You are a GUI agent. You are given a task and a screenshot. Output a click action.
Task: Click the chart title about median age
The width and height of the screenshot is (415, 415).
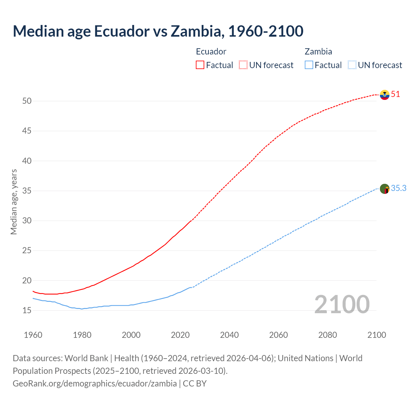(x=158, y=31)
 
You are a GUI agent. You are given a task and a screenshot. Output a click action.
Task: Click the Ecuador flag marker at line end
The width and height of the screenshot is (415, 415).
(x=385, y=95)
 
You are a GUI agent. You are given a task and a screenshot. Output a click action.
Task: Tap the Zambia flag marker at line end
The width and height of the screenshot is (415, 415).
(x=385, y=189)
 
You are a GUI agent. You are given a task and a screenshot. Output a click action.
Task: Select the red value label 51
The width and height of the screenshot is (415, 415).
(x=396, y=94)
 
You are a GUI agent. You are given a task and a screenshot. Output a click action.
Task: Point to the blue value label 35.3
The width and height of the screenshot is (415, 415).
(x=399, y=188)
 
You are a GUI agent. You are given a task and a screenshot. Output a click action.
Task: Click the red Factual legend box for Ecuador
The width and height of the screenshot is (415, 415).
(x=200, y=65)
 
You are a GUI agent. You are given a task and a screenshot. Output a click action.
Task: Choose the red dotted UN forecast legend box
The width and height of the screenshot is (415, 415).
(x=243, y=65)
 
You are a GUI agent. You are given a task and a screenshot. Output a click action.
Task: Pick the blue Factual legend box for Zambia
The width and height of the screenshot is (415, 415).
(x=309, y=65)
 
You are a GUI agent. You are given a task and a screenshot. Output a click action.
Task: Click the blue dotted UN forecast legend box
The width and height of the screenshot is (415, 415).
(x=352, y=65)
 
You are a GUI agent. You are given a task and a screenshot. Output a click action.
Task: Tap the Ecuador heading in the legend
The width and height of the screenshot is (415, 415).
(x=211, y=52)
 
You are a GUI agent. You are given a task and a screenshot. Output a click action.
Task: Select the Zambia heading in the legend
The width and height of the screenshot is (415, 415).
(x=318, y=52)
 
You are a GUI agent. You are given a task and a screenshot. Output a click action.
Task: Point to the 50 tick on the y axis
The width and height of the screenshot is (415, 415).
(x=27, y=101)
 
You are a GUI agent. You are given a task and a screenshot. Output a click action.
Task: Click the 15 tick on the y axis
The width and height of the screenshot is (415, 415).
(x=27, y=311)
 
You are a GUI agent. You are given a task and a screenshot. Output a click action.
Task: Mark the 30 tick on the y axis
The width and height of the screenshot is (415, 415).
(x=27, y=221)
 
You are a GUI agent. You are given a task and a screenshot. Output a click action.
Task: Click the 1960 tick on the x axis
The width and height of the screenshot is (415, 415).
(x=33, y=335)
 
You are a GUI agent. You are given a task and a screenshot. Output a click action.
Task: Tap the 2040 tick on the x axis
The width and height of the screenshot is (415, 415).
(x=229, y=335)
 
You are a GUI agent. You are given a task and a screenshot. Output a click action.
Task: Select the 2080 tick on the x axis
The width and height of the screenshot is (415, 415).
(x=327, y=335)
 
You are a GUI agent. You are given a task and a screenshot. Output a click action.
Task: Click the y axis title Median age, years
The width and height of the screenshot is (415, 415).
(x=14, y=202)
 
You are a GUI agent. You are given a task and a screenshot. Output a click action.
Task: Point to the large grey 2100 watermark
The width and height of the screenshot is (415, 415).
(x=342, y=304)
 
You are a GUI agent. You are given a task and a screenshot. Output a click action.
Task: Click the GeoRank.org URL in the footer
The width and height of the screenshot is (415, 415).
(x=95, y=384)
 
